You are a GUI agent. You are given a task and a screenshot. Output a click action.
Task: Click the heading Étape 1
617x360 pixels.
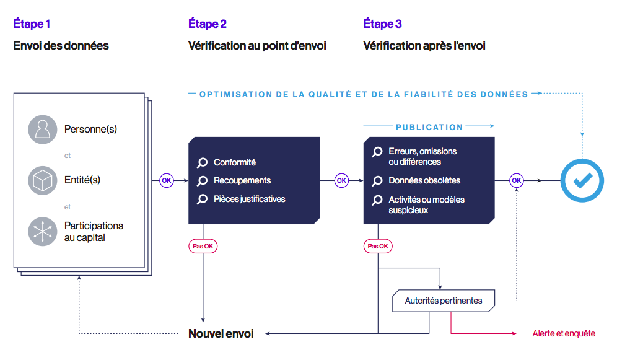coord(32,24)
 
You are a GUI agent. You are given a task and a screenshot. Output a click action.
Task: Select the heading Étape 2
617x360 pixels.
coord(207,24)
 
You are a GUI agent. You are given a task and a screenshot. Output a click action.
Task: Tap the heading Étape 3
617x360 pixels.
coord(382,24)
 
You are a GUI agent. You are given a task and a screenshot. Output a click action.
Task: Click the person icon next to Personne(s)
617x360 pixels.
coord(43,130)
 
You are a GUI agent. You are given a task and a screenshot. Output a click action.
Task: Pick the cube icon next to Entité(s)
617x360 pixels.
coord(43,180)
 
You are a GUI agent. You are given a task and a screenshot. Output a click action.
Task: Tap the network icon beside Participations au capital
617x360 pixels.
coord(43,232)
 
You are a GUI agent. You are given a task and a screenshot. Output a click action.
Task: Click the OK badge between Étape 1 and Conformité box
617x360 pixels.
coord(166,180)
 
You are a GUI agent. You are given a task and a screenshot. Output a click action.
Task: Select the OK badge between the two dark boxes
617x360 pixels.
coord(341,180)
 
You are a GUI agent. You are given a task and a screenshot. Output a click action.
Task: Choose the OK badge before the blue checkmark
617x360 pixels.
coord(516,180)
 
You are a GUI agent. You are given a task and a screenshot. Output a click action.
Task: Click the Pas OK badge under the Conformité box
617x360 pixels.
coord(203,246)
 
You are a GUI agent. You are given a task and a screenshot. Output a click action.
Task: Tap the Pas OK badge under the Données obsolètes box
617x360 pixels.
coord(378,246)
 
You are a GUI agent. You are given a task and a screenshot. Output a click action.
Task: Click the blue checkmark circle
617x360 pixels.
coord(582,180)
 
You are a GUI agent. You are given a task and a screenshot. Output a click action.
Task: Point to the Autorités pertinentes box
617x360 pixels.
coord(444,301)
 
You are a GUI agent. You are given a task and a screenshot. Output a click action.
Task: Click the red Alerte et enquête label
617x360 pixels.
coord(564,334)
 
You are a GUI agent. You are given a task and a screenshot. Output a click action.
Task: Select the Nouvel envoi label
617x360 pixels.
coord(221,334)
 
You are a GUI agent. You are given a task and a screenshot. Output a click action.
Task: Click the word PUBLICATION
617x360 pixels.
coord(429,127)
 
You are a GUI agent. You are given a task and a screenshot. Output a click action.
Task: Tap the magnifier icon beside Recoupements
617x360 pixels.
coord(202,181)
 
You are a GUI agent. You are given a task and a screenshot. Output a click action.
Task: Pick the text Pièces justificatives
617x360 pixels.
coord(250,199)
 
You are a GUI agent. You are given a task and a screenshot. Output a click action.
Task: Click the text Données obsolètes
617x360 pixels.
coord(424,181)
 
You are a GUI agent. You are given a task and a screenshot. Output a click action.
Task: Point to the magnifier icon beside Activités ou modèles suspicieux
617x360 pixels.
coord(377,200)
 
